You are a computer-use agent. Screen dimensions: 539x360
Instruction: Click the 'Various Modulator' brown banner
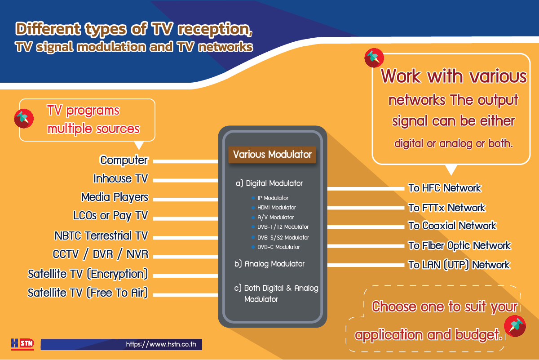(272, 155)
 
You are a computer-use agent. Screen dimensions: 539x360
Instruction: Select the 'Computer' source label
(124, 160)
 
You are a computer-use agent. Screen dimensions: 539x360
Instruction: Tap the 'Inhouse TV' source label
(120, 179)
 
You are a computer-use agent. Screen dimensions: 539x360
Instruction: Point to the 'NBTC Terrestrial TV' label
(101, 236)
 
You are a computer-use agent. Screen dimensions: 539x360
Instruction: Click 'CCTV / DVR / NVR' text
(101, 254)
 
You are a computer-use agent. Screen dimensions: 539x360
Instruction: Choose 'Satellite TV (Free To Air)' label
(88, 293)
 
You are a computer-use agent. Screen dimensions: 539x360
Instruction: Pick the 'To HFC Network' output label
(445, 188)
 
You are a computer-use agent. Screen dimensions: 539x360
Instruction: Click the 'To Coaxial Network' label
(452, 226)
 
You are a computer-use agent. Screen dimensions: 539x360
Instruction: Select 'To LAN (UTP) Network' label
(459, 265)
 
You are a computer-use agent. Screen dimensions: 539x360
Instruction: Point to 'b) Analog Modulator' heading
(269, 264)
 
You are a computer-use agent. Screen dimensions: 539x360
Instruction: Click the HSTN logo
(22, 344)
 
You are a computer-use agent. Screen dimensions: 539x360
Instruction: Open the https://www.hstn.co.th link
(161, 344)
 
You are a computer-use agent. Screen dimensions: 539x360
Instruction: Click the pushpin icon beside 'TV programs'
(24, 119)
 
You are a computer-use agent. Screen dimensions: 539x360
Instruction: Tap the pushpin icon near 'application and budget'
(515, 326)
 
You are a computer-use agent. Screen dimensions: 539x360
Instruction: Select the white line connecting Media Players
(186, 200)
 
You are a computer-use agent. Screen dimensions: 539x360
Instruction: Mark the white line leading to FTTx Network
(366, 208)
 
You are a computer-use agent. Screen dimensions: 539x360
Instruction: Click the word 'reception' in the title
(215, 29)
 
